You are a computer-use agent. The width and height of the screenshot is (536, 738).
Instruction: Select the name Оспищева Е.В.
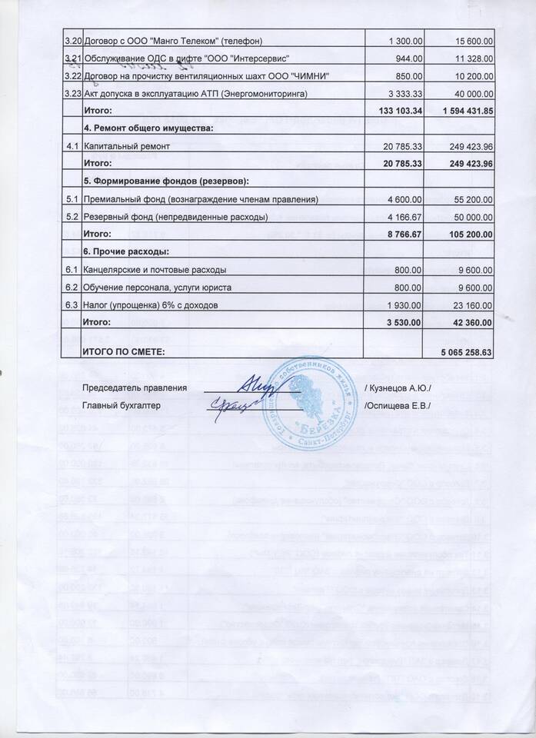point(398,404)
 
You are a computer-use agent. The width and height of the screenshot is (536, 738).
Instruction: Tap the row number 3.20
point(72,39)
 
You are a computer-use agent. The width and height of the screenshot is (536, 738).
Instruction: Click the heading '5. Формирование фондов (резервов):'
point(165,181)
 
